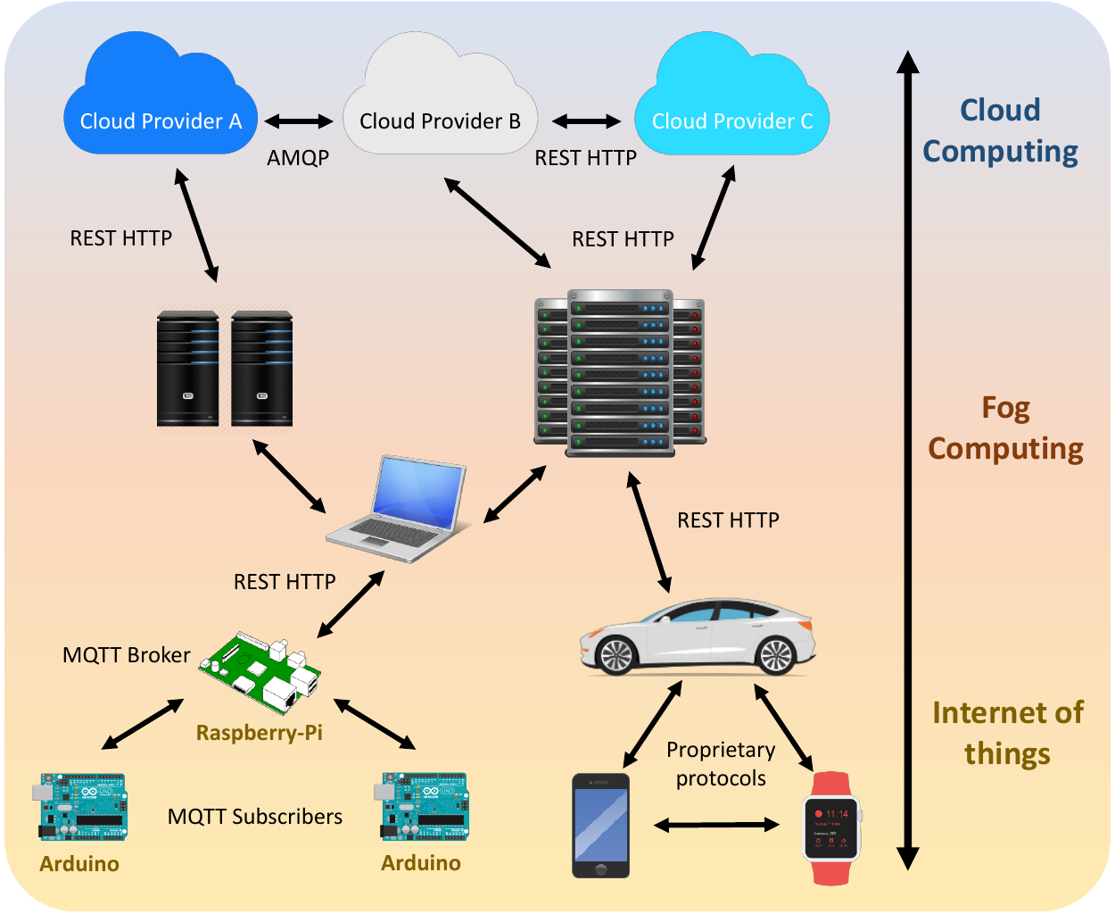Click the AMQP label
[x=298, y=158]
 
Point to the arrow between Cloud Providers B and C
[x=586, y=121]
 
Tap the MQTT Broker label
[x=126, y=655]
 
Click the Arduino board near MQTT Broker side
[x=82, y=808]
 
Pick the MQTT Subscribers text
[x=255, y=817]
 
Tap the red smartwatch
[x=831, y=827]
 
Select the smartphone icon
[x=600, y=826]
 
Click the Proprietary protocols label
[x=721, y=764]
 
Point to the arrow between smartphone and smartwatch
[x=716, y=826]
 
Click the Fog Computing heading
[x=1005, y=428]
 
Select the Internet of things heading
[x=1007, y=733]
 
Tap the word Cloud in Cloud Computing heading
[x=1000, y=110]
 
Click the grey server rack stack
[x=620, y=372]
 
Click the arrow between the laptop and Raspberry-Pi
[x=351, y=604]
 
